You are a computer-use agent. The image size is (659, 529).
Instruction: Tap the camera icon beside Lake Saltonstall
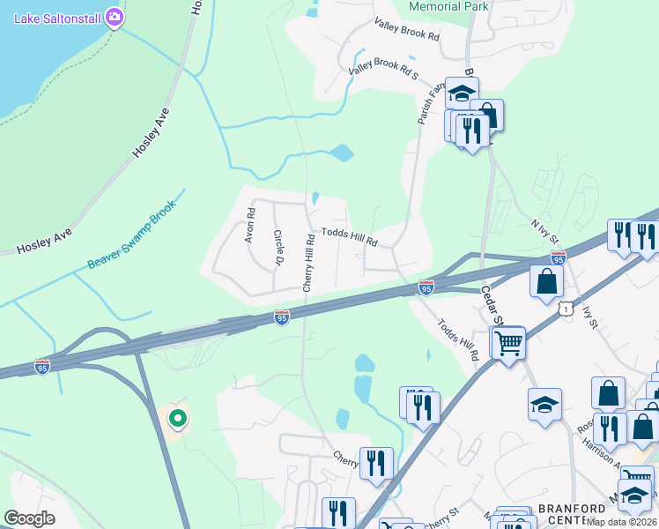pyautogui.click(x=114, y=17)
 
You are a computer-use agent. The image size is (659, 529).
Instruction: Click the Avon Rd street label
pyautogui.click(x=250, y=225)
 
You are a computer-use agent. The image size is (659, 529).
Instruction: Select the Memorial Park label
pyautogui.click(x=448, y=6)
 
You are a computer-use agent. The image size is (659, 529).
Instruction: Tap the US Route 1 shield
pyautogui.click(x=565, y=308)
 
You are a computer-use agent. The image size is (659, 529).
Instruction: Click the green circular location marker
pyautogui.click(x=178, y=418)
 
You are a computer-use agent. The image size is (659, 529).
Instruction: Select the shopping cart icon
pyautogui.click(x=509, y=342)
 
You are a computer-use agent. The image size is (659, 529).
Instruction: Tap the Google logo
pyautogui.click(x=29, y=518)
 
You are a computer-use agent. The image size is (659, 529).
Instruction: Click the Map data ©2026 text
pyautogui.click(x=622, y=522)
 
